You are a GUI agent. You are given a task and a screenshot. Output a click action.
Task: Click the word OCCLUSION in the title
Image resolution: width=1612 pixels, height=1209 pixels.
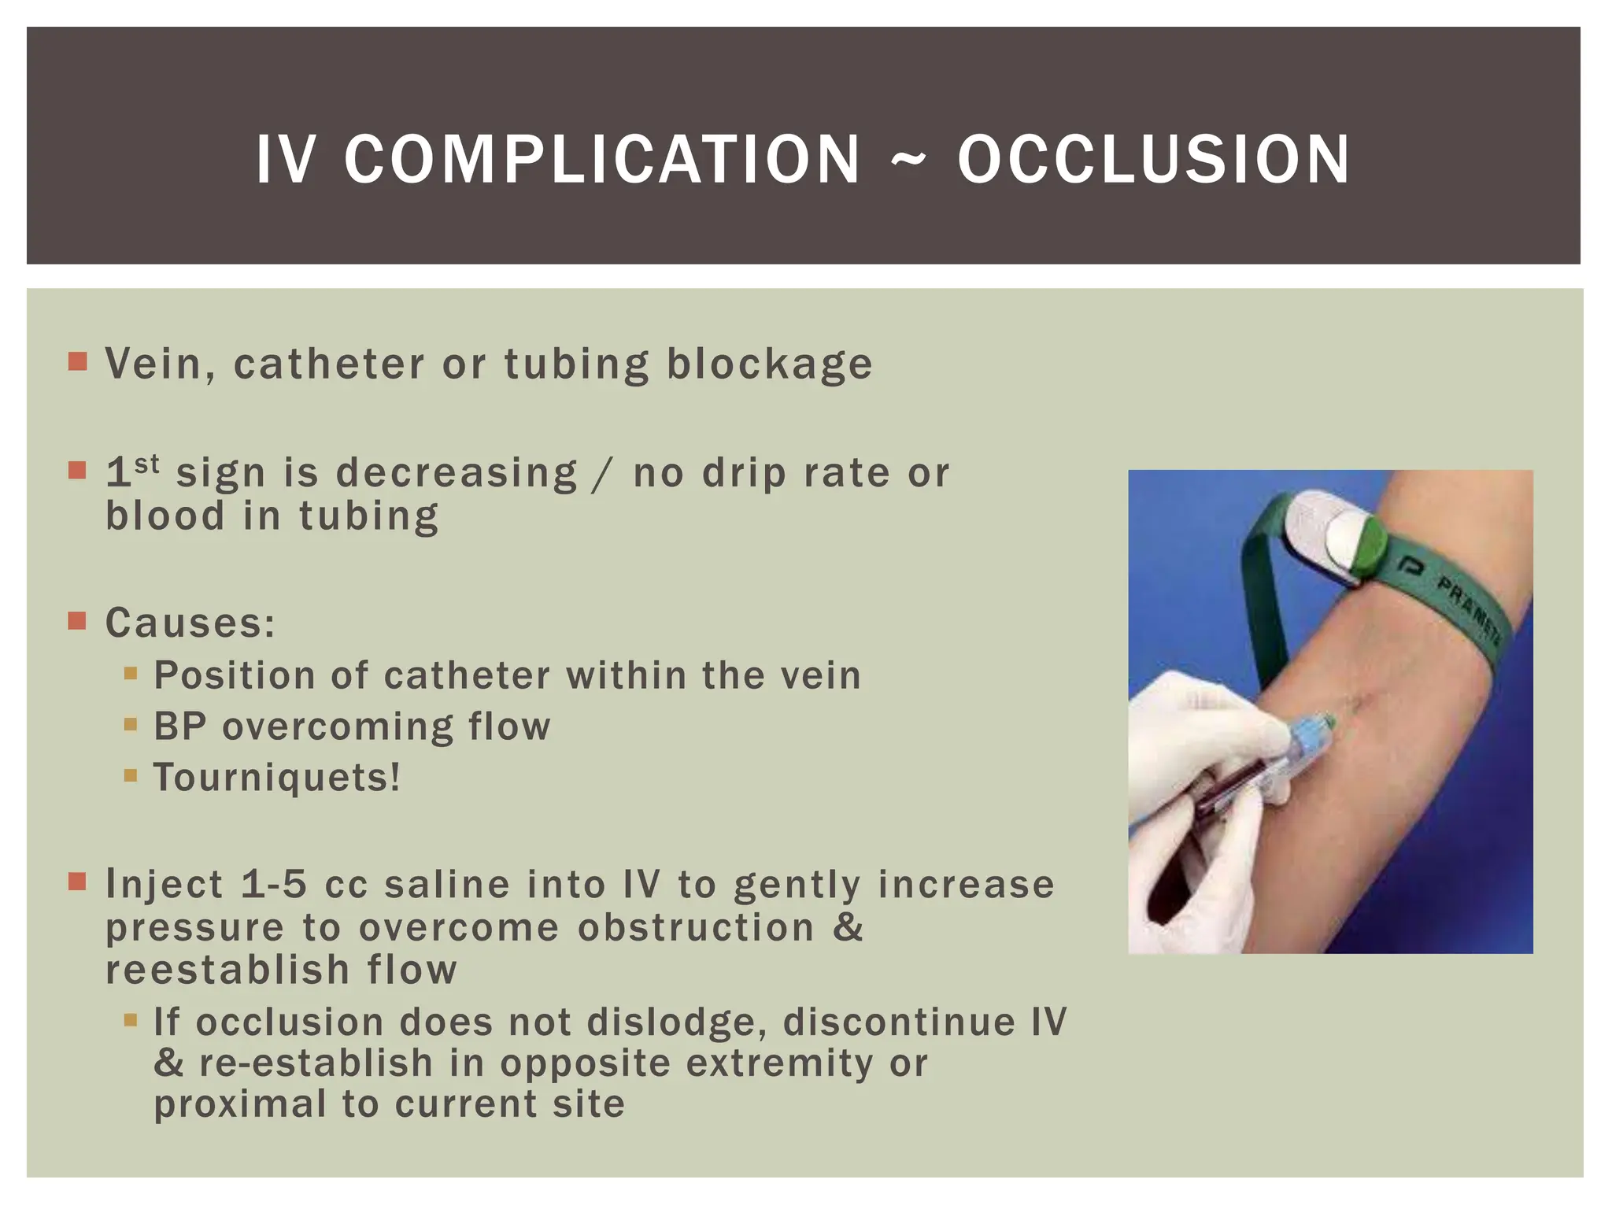(1153, 160)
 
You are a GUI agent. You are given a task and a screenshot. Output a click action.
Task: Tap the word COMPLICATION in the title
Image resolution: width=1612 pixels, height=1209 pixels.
(602, 160)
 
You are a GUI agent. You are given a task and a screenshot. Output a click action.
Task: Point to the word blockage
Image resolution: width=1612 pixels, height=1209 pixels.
(770, 364)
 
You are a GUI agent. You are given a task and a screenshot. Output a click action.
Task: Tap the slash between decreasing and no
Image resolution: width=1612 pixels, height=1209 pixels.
(604, 474)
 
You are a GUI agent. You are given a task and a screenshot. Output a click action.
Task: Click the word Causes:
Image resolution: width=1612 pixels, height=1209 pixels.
(190, 623)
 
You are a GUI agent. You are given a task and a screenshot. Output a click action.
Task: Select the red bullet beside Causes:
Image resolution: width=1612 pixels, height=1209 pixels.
(77, 622)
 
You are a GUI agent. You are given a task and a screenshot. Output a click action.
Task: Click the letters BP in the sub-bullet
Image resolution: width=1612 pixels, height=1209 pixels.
(179, 727)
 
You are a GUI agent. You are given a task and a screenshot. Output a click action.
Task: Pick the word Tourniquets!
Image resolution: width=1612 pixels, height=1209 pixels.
(276, 778)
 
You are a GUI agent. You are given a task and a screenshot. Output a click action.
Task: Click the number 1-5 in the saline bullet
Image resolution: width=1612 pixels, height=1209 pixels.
(273, 884)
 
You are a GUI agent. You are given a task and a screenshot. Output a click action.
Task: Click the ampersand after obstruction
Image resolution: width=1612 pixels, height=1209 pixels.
(848, 927)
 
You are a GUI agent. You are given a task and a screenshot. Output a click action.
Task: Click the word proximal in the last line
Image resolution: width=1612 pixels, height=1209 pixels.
(239, 1104)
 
